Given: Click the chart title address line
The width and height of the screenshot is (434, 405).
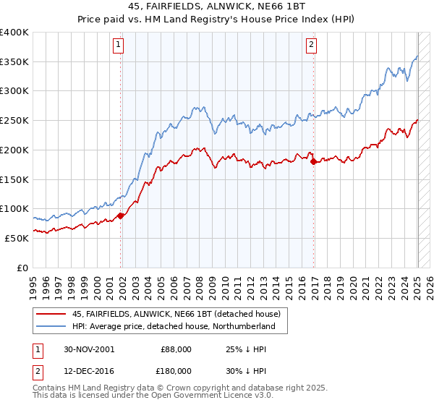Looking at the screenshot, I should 216,8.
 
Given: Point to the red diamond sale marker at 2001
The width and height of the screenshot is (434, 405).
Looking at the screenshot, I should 121,215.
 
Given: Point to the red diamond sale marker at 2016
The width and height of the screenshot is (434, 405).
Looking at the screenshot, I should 313,161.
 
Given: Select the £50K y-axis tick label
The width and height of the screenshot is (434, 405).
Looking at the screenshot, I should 17,238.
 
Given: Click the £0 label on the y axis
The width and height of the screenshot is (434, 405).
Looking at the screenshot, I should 22,268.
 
